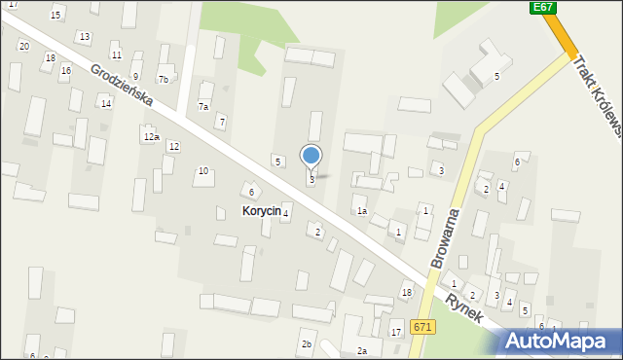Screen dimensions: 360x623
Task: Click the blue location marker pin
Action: pyautogui.click(x=311, y=157)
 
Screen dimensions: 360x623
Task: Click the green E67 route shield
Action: pyautogui.click(x=543, y=7)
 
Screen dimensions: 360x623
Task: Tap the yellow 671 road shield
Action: pyautogui.click(x=421, y=327)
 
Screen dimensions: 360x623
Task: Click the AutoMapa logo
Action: pyautogui.click(x=562, y=341)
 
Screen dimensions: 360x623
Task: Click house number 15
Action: pyautogui.click(x=55, y=15)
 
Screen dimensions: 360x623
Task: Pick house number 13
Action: pyautogui.click(x=85, y=37)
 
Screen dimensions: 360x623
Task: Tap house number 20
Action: pyautogui.click(x=23, y=46)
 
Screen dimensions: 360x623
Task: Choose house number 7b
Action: pyautogui.click(x=164, y=79)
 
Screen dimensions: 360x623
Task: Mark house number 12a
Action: pyautogui.click(x=151, y=137)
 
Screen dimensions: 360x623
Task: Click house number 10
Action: pyautogui.click(x=203, y=170)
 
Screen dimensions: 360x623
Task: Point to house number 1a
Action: pyautogui.click(x=361, y=210)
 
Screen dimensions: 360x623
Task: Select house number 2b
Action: pyautogui.click(x=307, y=344)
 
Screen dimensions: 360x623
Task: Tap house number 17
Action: pyautogui.click(x=396, y=333)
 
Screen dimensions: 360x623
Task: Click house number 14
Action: pyautogui.click(x=105, y=103)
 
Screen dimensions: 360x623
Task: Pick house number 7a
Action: pyautogui.click(x=203, y=106)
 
